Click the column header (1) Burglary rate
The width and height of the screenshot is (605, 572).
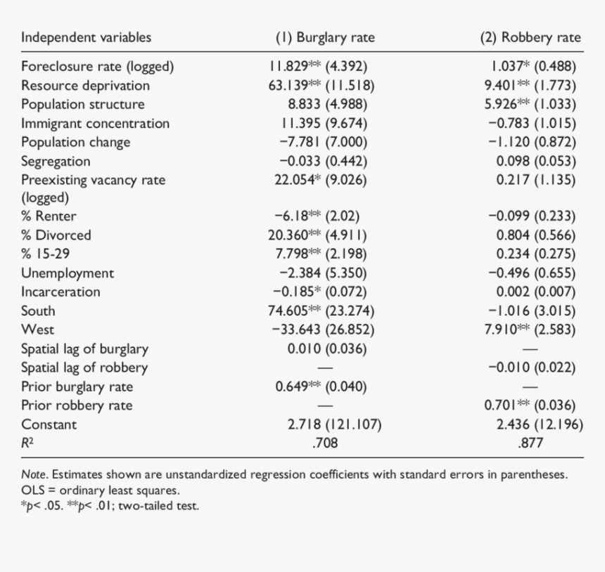tap(325, 38)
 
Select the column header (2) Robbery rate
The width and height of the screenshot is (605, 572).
tap(530, 38)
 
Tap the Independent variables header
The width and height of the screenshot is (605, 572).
tap(86, 38)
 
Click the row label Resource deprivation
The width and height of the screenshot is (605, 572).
tap(85, 86)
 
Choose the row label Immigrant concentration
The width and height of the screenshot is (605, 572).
tap(95, 124)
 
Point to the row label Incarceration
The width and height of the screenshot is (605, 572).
tap(60, 292)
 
